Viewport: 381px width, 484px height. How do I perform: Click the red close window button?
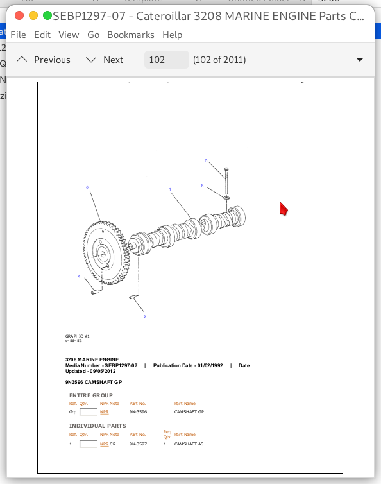[x=19, y=15]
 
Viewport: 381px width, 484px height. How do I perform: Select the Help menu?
[x=172, y=35]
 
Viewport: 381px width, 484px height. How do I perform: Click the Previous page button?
[x=44, y=60]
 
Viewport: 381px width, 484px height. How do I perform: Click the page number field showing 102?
[x=166, y=60]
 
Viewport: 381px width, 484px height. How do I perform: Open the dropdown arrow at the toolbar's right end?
[x=359, y=60]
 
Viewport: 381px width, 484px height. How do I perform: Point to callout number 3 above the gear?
[x=87, y=187]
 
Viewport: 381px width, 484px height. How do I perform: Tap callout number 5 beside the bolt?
[x=206, y=160]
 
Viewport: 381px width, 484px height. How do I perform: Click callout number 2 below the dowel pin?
[x=144, y=316]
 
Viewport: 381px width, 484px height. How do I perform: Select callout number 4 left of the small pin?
[x=79, y=277]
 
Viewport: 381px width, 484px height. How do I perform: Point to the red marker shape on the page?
[x=284, y=209]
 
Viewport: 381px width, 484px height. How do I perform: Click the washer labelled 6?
[x=226, y=196]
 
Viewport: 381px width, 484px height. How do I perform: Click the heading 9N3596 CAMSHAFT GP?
[x=94, y=382]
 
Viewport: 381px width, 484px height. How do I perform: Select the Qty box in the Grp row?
[x=88, y=411]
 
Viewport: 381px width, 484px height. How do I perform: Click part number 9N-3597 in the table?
[x=138, y=444]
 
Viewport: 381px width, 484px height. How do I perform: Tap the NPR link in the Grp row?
[x=104, y=411]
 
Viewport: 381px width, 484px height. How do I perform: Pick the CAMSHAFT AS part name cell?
[x=189, y=444]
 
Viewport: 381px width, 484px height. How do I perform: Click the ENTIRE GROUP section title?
[x=90, y=395]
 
